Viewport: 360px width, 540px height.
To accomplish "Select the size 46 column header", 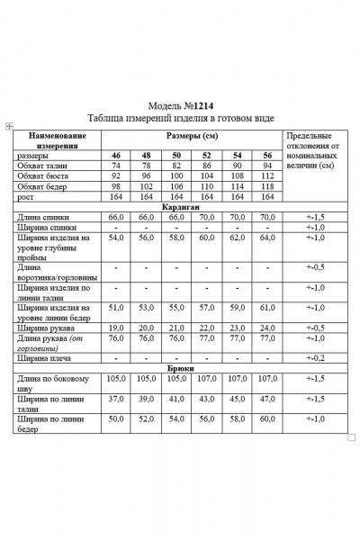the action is pyautogui.click(x=116, y=156).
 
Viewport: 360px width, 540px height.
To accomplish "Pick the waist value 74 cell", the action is pyautogui.click(x=116, y=166).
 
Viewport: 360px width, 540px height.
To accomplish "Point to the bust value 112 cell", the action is pyautogui.click(x=266, y=176).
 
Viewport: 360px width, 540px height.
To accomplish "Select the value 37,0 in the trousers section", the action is pyautogui.click(x=116, y=398).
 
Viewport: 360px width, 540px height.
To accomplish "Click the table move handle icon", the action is pyautogui.click(x=8, y=126).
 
